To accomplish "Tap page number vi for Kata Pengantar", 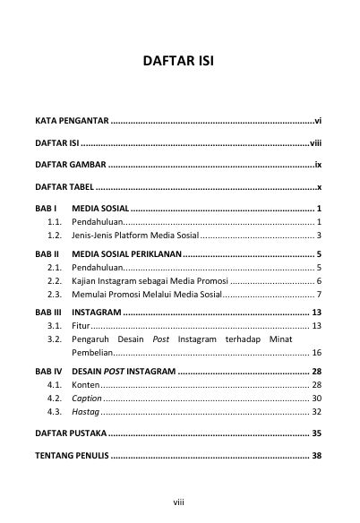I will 318,119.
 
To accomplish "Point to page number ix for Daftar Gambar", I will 318,166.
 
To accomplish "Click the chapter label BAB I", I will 46,208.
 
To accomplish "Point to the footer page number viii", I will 179,503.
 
